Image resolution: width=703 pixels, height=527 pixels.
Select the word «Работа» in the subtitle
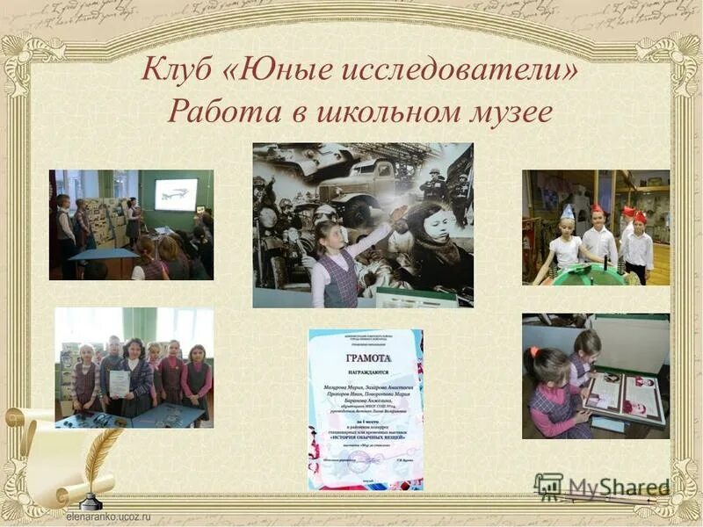tap(210, 112)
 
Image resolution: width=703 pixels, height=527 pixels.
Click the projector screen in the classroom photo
tap(176, 194)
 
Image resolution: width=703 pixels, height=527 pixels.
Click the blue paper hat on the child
tap(568, 213)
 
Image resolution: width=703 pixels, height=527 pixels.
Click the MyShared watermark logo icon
tap(549, 487)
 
